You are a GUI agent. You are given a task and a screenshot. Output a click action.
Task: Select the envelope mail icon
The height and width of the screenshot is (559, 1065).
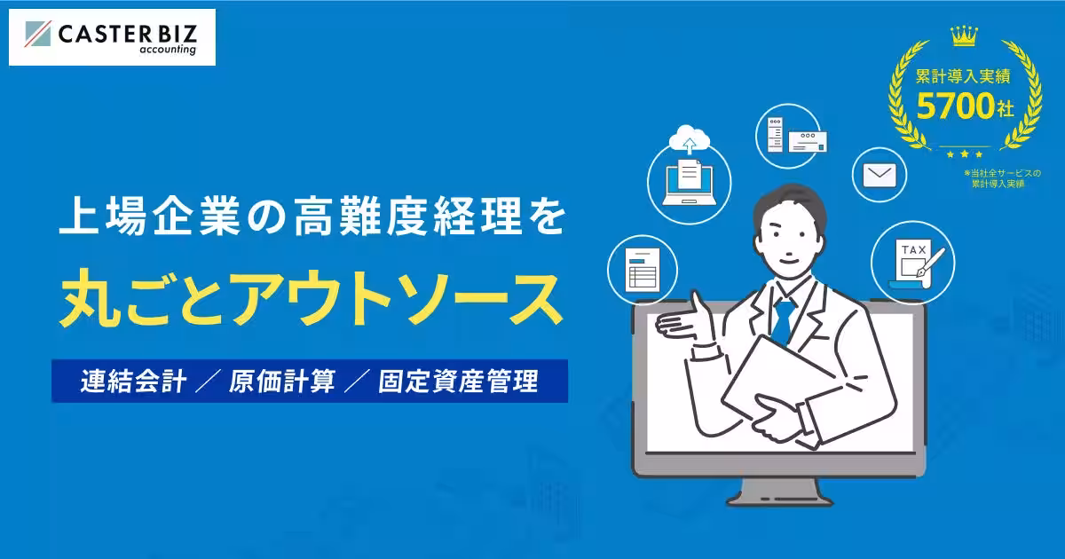click(880, 174)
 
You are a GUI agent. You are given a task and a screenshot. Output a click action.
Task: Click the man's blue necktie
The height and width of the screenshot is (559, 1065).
click(782, 319)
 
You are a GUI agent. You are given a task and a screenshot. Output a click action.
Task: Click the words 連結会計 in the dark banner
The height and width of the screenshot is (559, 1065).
click(131, 382)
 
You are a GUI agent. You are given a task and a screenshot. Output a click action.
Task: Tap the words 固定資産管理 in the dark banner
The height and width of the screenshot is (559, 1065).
click(458, 382)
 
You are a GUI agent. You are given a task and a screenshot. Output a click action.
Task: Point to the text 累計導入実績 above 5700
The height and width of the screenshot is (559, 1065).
click(962, 77)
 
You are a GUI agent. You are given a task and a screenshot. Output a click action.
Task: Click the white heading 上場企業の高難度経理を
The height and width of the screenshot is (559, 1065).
click(311, 219)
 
